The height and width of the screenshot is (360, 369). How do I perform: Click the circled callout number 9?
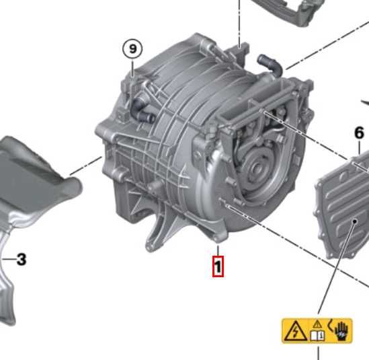tap(133, 48)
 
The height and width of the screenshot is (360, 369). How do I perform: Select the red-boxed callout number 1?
tap(217, 266)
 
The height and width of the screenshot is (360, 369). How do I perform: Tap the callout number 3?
tap(22, 258)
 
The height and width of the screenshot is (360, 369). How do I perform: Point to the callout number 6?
tap(359, 133)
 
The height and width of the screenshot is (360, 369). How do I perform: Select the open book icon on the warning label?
tap(317, 332)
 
